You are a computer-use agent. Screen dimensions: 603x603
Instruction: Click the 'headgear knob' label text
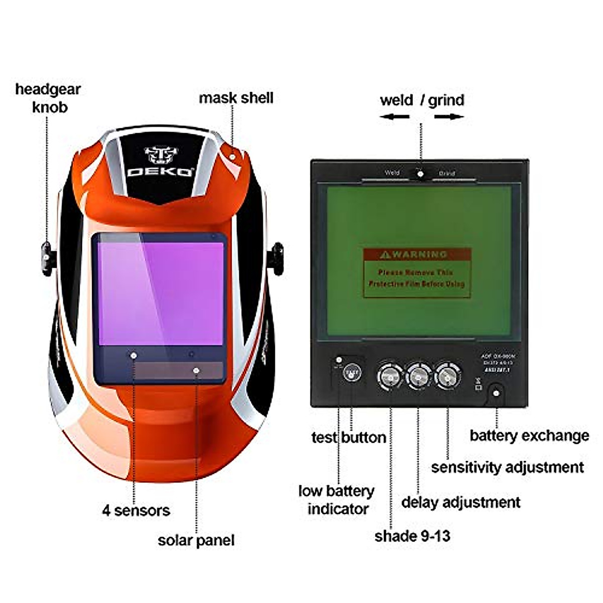[48, 98]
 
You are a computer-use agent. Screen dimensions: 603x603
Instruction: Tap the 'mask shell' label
[236, 97]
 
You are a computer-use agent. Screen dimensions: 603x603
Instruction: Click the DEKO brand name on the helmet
[160, 171]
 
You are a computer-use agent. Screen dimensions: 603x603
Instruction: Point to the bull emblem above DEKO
[161, 155]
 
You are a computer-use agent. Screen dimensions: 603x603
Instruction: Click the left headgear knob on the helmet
[47, 258]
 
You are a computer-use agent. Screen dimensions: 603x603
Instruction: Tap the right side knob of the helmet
[276, 258]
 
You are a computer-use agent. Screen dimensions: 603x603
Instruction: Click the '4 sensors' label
[136, 511]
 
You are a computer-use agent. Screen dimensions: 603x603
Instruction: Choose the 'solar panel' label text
[196, 540]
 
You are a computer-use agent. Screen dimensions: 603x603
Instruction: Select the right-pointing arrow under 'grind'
[449, 117]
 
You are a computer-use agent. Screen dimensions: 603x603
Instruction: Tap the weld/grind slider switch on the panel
[420, 174]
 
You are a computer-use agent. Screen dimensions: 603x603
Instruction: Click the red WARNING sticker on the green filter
[417, 272]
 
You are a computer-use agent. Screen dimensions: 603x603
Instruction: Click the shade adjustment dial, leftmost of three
[390, 375]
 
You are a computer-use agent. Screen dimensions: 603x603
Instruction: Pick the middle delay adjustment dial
[419, 375]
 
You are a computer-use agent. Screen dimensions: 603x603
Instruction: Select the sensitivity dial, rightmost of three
[447, 375]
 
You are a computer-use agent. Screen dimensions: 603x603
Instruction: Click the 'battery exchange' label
[529, 435]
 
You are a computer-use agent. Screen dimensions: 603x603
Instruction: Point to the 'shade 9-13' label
[412, 536]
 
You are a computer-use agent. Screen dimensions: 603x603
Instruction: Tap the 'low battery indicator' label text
[337, 499]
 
